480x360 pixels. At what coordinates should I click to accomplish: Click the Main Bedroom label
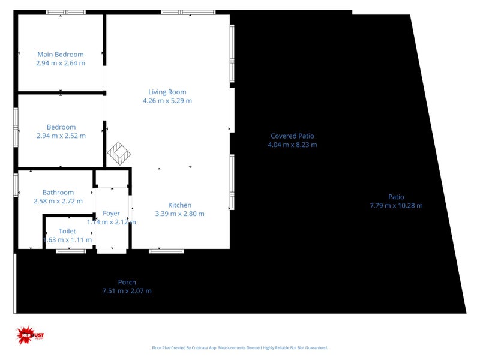click(61, 54)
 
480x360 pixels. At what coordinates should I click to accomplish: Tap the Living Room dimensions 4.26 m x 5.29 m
click(167, 101)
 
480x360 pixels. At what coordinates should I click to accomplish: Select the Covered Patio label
click(292, 136)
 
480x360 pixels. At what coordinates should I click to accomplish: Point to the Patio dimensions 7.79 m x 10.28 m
click(396, 206)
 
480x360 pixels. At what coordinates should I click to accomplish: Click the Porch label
click(127, 282)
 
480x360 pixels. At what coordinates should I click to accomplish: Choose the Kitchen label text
click(179, 205)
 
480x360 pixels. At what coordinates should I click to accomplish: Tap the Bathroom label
click(58, 193)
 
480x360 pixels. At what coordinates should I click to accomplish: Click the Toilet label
click(67, 231)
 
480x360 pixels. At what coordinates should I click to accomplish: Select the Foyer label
click(112, 213)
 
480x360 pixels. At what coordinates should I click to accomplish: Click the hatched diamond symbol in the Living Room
click(119, 153)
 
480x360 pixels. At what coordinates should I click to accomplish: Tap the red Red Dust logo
click(27, 334)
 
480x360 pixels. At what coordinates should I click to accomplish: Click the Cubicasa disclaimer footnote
click(240, 347)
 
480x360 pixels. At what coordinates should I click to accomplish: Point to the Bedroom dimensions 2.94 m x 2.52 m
click(61, 136)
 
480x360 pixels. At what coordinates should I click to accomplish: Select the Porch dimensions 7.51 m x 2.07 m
click(127, 291)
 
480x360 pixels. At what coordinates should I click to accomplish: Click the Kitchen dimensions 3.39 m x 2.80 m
click(179, 214)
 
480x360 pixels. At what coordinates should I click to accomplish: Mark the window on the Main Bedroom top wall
click(65, 12)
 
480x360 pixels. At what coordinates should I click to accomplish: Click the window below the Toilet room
click(71, 251)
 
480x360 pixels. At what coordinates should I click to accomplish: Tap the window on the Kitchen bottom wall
click(166, 251)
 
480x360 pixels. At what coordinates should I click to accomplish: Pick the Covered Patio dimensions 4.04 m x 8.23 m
click(292, 145)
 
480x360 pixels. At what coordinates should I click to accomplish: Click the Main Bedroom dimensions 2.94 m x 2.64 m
click(61, 63)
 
